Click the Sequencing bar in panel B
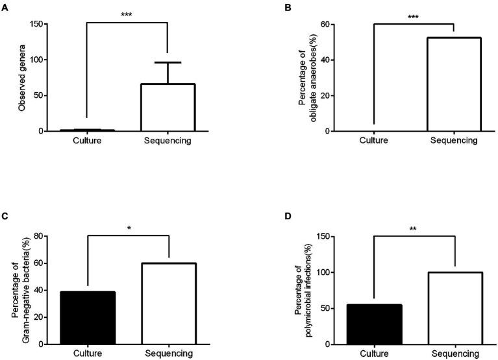point(453,84)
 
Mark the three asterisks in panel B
point(414,17)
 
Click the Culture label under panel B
point(374,141)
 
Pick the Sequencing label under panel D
point(453,354)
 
